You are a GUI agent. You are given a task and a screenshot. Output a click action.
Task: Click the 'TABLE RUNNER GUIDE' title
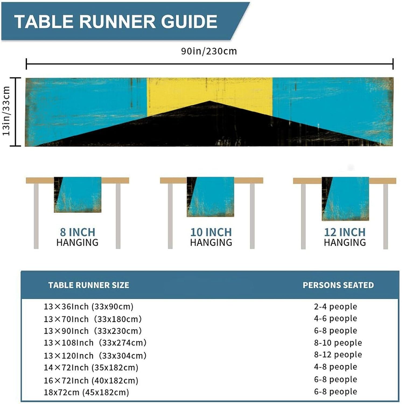[116, 22]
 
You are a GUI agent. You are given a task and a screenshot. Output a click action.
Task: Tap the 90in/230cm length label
[209, 51]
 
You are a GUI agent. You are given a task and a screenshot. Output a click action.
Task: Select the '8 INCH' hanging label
[78, 232]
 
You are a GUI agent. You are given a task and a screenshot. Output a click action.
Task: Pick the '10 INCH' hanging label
[211, 232]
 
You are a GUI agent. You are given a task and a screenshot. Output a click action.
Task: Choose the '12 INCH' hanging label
[345, 232]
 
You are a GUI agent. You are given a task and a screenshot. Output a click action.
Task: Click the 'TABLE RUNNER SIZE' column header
[89, 285]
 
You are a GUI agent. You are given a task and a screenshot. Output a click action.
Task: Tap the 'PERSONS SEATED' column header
[338, 285]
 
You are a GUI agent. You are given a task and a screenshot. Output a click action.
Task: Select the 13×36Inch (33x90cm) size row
[89, 307]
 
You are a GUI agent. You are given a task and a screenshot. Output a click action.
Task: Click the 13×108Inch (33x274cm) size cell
[95, 343]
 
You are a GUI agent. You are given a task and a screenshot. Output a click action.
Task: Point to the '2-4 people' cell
[335, 307]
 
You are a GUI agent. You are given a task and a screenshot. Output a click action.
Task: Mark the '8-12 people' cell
[338, 355]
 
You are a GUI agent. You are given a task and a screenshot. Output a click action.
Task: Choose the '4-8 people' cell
[335, 367]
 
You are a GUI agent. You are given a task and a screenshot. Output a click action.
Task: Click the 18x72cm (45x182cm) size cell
[86, 392]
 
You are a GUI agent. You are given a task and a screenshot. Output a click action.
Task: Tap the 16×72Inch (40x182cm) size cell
[91, 381]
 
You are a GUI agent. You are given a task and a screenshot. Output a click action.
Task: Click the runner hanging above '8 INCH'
[78, 194]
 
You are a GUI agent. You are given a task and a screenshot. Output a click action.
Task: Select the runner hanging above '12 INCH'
[345, 198]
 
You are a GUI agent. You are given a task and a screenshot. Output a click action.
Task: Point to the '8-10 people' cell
[338, 343]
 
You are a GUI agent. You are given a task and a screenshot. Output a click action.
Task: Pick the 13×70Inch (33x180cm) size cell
[93, 319]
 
